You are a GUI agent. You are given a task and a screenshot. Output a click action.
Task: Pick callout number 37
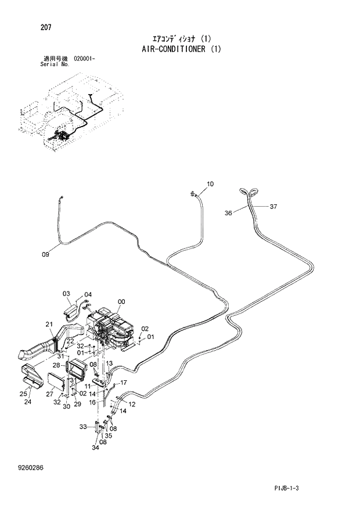[x=273, y=206]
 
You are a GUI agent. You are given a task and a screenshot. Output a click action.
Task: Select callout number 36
[x=228, y=214]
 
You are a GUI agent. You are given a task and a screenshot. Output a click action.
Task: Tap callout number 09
[x=46, y=254]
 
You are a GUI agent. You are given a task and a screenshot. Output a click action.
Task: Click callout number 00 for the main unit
[x=121, y=301]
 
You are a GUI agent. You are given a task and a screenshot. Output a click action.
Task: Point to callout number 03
[x=66, y=294]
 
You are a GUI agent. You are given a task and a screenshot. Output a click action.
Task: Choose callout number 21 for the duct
[x=49, y=324]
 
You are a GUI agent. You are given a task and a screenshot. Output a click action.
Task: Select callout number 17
[x=123, y=382]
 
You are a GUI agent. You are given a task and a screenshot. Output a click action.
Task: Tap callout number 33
[x=82, y=427]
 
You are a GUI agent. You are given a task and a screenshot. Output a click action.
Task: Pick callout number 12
[x=132, y=404]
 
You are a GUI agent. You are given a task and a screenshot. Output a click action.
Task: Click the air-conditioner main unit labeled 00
[x=110, y=331]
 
